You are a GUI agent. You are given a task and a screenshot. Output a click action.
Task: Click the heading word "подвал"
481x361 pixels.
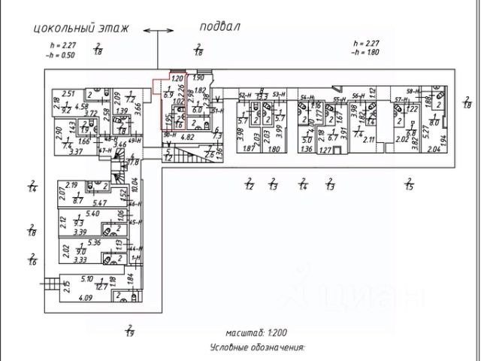coord(219,26)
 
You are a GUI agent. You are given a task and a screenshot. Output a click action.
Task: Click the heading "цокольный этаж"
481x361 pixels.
coord(81,29)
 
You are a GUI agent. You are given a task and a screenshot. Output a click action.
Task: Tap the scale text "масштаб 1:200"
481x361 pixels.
coord(256,332)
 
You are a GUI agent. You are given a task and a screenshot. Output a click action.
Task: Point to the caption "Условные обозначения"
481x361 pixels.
coord(257,348)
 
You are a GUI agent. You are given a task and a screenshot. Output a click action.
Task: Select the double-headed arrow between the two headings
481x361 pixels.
coord(157,31)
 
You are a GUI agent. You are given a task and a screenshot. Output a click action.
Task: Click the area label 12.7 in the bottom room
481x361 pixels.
coord(102,287)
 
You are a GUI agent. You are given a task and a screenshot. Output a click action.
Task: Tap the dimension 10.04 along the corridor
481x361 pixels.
coord(135,184)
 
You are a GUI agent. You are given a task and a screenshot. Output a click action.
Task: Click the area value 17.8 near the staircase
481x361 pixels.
coord(134,161)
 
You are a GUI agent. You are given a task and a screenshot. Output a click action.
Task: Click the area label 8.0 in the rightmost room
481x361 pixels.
coord(434,123)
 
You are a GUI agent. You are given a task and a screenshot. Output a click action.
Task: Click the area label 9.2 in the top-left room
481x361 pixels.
coord(66,110)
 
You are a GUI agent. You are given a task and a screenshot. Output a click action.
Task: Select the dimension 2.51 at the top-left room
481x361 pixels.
coord(68,93)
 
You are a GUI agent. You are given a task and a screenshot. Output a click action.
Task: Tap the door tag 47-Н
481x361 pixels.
coord(104,150)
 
